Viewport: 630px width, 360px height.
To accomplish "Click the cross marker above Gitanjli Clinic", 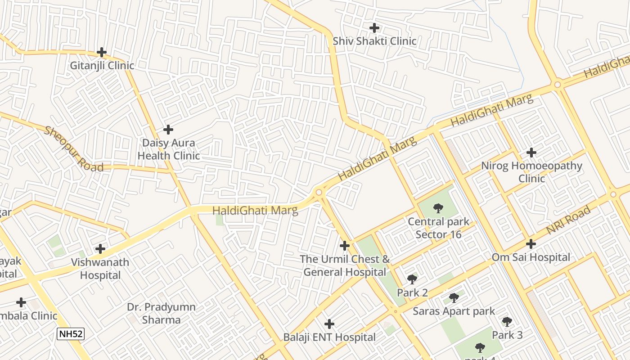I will (102, 52).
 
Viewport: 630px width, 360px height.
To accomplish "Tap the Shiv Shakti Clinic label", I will (374, 41).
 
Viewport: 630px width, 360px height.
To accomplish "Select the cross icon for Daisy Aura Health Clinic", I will (168, 130).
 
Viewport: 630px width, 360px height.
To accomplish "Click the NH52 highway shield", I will (71, 334).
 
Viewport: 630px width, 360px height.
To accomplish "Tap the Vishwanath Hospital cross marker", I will (100, 249).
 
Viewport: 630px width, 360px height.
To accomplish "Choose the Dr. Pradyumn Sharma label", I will (161, 314).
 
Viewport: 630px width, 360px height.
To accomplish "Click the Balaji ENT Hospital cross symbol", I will (329, 324).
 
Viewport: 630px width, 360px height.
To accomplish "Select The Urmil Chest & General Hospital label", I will (345, 265).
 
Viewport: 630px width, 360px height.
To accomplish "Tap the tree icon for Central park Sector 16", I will (438, 208).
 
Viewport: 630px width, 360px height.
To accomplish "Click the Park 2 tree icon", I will (412, 279).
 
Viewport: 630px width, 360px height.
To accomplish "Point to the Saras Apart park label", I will (454, 311).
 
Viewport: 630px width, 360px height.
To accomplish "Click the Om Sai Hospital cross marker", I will (531, 244).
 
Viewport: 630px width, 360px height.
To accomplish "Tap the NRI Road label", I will (568, 220).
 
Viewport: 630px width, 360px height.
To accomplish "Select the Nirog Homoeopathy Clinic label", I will (531, 172).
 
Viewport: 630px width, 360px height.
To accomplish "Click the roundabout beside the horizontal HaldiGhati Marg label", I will (319, 193).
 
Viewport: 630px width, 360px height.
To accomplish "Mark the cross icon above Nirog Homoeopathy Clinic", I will (531, 153).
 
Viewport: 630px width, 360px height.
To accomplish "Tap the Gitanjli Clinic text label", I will (102, 66).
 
